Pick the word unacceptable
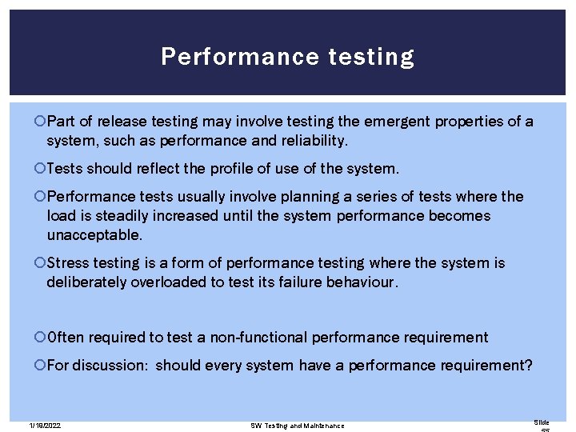(x=94, y=235)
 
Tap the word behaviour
(x=362, y=282)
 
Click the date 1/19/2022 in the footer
(x=45, y=426)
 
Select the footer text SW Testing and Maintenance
(x=298, y=426)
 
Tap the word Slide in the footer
(x=542, y=422)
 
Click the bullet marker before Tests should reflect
(x=40, y=169)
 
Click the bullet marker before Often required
(x=40, y=338)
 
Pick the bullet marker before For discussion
(x=40, y=366)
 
